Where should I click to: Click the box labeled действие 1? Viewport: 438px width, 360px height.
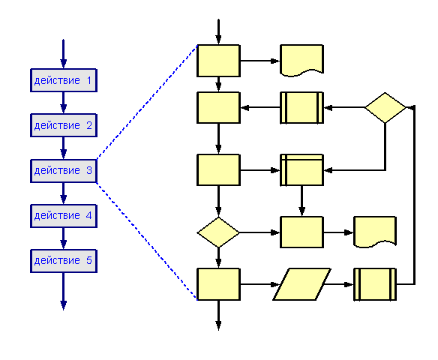[x=64, y=80]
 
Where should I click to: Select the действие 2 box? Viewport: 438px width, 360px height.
[x=64, y=125]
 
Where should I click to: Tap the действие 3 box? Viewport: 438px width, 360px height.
[x=64, y=171]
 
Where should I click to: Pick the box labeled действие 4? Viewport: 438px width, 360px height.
[x=64, y=216]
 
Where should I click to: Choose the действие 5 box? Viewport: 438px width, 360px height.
[x=64, y=261]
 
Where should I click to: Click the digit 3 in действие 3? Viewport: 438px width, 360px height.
[x=89, y=170]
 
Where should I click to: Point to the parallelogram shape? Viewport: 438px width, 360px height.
[x=302, y=284]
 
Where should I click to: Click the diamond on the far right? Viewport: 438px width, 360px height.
[x=385, y=107]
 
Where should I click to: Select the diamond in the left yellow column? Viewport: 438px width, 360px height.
[x=218, y=232]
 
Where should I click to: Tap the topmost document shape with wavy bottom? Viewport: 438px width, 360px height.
[x=302, y=60]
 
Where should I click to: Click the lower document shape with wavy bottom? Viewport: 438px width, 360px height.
[x=375, y=232]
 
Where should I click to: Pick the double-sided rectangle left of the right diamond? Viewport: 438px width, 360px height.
[x=302, y=107]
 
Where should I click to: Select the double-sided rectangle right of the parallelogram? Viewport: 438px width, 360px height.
[x=375, y=284]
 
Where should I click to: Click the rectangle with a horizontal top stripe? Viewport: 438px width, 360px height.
[x=302, y=170]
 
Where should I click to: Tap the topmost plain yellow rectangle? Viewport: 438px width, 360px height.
[x=218, y=60]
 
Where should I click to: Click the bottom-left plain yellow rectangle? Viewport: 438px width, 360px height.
[x=218, y=284]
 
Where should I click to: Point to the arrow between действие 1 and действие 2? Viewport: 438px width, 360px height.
[x=64, y=103]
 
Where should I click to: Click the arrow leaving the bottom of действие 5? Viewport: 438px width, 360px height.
[x=64, y=291]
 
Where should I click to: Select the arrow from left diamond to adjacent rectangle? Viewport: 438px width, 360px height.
[x=259, y=232]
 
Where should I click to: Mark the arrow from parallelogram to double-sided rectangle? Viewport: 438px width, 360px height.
[x=339, y=284]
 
